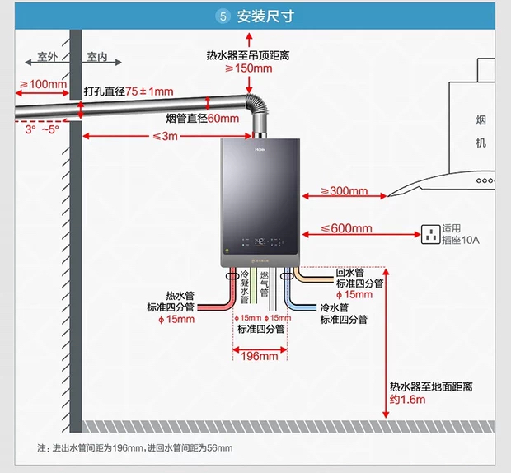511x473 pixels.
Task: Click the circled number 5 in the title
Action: click(223, 16)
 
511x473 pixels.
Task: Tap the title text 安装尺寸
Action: click(265, 16)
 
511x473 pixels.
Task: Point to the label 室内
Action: click(96, 58)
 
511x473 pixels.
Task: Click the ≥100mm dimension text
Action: click(43, 84)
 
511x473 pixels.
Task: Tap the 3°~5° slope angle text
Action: click(42, 129)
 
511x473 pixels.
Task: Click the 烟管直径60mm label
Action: click(202, 118)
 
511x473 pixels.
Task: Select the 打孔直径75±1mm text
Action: click(129, 91)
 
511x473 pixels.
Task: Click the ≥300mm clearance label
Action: click(344, 191)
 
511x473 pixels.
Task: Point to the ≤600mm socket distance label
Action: click(346, 228)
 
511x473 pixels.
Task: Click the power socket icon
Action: click(429, 234)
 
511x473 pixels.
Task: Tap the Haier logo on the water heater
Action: click(258, 150)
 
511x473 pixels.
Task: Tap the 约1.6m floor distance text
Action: click(408, 400)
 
